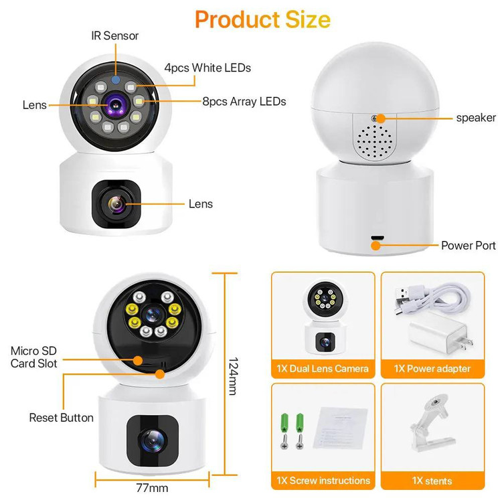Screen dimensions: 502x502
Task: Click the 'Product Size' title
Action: pyautogui.click(x=262, y=20)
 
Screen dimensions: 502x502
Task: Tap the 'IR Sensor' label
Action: pyautogui.click(x=115, y=35)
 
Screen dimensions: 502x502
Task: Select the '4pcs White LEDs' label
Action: pyautogui.click(x=207, y=68)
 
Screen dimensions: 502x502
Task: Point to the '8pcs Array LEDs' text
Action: pyautogui.click(x=244, y=102)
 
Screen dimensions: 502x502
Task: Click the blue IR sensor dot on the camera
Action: pyautogui.click(x=116, y=80)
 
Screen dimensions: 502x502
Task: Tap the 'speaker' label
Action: pyautogui.click(x=476, y=118)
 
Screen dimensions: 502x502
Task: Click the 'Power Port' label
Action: pyautogui.click(x=468, y=246)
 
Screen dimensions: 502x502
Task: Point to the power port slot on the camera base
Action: pyautogui.click(x=378, y=238)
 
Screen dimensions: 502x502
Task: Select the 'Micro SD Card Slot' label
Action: pyautogui.click(x=33, y=357)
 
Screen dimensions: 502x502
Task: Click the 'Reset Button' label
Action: pyautogui.click(x=61, y=418)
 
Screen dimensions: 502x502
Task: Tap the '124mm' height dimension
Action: pyautogui.click(x=234, y=376)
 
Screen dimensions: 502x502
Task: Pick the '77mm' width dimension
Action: pyautogui.click(x=152, y=488)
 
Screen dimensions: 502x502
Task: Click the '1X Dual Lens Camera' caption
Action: pyautogui.click(x=323, y=369)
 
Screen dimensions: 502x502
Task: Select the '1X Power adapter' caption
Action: pyautogui.click(x=432, y=369)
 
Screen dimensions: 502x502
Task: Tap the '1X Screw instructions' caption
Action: pyautogui.click(x=323, y=481)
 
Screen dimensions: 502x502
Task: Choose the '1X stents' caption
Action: pyautogui.click(x=432, y=481)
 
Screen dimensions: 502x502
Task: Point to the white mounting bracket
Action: pyautogui.click(x=432, y=422)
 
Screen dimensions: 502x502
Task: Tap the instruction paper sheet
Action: pyautogui.click(x=340, y=428)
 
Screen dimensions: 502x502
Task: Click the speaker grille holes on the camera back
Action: pyautogui.click(x=374, y=141)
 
